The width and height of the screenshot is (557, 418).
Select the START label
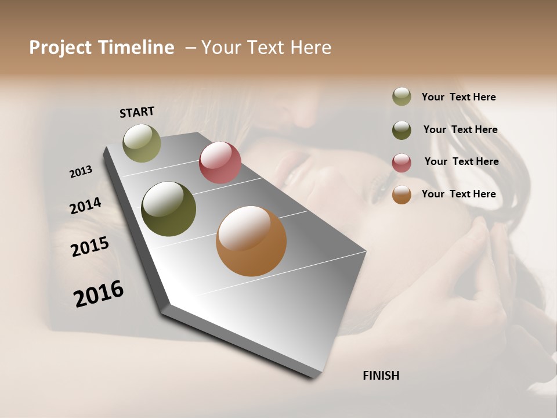[137, 111]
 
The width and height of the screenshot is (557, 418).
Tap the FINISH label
[381, 376]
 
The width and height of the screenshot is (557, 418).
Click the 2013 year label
[81, 172]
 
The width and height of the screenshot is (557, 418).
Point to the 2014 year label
[85, 206]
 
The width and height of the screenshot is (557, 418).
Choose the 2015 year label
[90, 247]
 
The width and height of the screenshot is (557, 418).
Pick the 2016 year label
[99, 294]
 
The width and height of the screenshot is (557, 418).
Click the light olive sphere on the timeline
[142, 143]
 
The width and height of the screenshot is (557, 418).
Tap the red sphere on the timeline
[220, 163]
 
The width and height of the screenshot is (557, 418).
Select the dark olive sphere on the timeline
[168, 209]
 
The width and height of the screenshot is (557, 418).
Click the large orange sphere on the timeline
[251, 241]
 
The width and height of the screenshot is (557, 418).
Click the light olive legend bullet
[402, 97]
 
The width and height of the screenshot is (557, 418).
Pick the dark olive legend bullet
[402, 130]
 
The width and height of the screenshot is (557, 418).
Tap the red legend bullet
[402, 163]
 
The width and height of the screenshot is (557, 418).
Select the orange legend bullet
[402, 194]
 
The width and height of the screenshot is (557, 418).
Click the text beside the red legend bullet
[461, 161]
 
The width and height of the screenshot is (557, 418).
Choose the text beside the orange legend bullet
[458, 194]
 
